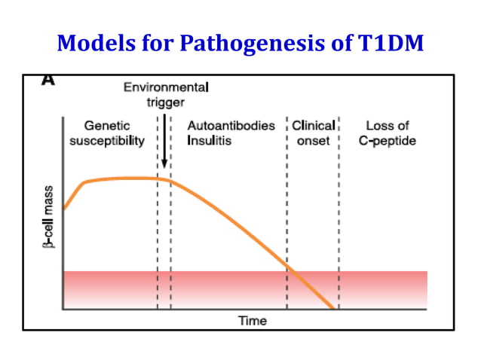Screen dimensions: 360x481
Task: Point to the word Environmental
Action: [x=166, y=87]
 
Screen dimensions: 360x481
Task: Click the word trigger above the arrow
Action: [x=164, y=102]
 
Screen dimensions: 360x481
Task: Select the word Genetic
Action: [x=107, y=125]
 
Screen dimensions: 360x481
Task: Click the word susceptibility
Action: [x=107, y=140]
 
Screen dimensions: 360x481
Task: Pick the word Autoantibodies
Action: [x=231, y=125]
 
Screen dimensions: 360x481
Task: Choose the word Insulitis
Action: [x=210, y=140]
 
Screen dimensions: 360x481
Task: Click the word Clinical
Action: [x=313, y=125]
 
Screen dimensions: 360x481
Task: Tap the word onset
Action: [x=313, y=140]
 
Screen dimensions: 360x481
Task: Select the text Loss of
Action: [x=387, y=125]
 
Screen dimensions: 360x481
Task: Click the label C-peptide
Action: [x=388, y=140]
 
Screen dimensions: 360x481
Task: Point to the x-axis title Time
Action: [x=253, y=321]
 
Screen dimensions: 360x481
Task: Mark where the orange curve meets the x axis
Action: [x=333, y=309]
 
